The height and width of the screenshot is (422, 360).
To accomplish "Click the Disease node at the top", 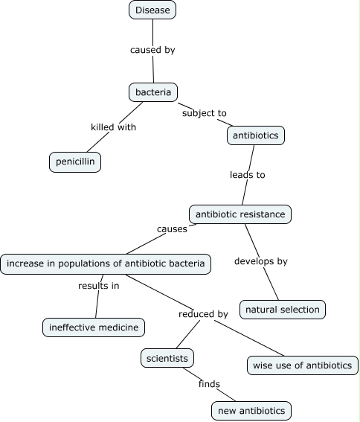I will tap(152, 10).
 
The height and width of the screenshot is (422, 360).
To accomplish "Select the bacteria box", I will tap(152, 92).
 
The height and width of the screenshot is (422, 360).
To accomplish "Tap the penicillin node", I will tap(75, 162).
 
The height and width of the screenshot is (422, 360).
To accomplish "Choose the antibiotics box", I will tap(256, 135).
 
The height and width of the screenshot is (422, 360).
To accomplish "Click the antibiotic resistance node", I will tap(240, 214).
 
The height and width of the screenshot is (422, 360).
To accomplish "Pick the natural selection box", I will tap(283, 309).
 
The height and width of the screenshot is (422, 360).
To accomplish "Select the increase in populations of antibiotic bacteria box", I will tap(106, 263).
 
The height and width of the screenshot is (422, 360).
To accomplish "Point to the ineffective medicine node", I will tap(93, 327).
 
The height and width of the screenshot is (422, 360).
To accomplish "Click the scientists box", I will tap(168, 358).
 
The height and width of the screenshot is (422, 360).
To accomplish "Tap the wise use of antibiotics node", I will tap(303, 365).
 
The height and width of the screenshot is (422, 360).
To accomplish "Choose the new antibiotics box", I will tap(251, 410).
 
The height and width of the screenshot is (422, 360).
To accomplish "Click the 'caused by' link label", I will tap(152, 50).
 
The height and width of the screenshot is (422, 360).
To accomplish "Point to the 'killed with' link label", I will tap(113, 127).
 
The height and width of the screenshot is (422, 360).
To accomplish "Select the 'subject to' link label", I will tap(204, 113).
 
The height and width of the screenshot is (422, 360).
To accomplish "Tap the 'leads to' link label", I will tap(247, 175).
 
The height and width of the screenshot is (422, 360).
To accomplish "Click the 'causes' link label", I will tap(172, 228).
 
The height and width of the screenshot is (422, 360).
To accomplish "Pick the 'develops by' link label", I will tap(260, 261).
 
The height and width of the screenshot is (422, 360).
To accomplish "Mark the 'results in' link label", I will tap(99, 285).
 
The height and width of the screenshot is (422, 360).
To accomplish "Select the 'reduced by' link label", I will tap(203, 314).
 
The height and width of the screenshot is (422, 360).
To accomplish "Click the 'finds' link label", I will tap(210, 384).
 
